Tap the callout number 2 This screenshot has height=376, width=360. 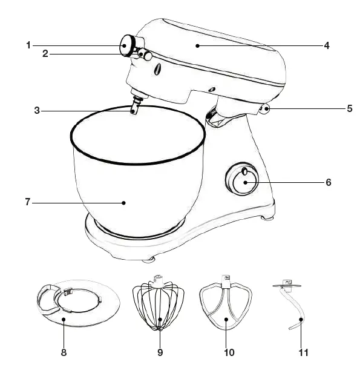pos(45,54)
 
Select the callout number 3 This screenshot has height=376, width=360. pos(37,111)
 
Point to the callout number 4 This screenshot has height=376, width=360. pos(327,45)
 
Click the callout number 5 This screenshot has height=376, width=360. pos(349,109)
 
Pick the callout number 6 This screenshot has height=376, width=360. pos(329,182)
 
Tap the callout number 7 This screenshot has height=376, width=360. pos(28,202)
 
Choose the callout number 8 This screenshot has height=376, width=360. pos(64,352)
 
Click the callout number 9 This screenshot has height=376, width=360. pos(160,352)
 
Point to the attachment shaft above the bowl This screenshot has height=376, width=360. pos(136,105)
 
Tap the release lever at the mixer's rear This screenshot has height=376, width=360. pos(264,109)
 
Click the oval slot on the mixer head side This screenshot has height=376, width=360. pos(158,70)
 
